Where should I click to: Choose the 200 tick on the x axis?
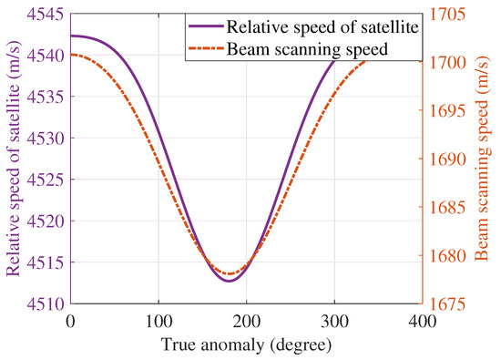[246, 322]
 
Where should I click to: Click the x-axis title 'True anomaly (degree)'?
[246, 346]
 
